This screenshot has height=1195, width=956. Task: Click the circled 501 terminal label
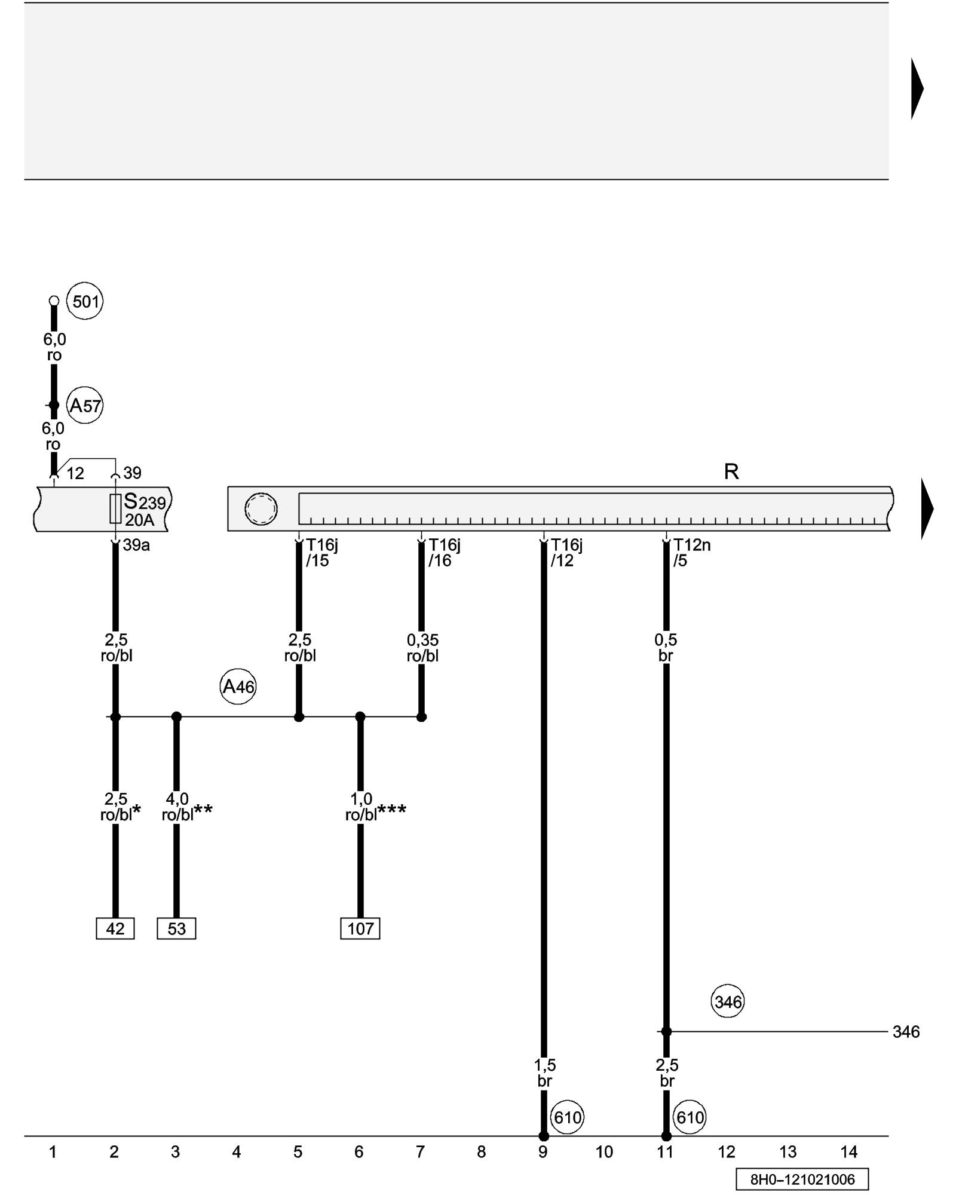pos(85,301)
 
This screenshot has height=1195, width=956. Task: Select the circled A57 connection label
pos(85,406)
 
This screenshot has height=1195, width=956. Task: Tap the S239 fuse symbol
pos(115,508)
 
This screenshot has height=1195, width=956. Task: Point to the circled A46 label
pos(238,687)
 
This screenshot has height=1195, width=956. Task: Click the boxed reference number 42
pos(115,929)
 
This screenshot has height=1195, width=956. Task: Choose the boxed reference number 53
pos(176,929)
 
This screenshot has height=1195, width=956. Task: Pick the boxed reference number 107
pos(360,929)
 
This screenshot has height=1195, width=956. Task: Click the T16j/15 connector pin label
pos(321,553)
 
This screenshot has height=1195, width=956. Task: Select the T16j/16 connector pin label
pos(444,553)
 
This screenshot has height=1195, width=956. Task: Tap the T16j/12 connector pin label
pos(566,553)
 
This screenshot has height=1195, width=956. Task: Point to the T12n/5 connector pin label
pos(691,553)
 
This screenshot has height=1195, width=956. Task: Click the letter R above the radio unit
pos(731,472)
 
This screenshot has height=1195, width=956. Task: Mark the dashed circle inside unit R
pos(261,509)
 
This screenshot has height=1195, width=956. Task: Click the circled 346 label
pos(728,1002)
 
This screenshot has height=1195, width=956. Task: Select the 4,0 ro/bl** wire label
pos(186,807)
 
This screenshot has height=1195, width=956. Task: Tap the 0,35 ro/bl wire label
pos(422,648)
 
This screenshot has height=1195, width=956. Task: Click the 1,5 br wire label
pos(544,1073)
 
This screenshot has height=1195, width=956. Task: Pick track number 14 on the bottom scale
pos(849,1152)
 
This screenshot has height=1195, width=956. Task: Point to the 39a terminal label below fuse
pos(136,546)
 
